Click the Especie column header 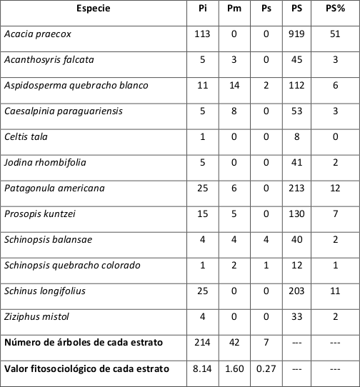94,9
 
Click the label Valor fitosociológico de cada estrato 86,368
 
